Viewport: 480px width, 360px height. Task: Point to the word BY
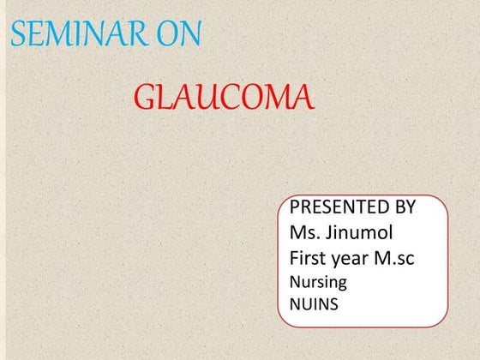pyautogui.click(x=404, y=207)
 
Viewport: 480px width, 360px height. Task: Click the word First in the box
pyautogui.click(x=309, y=258)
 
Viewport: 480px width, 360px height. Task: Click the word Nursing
pyautogui.click(x=319, y=281)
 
